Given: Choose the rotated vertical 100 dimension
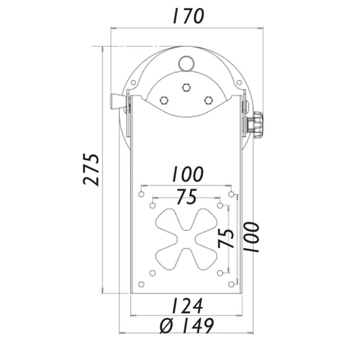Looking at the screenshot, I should point(251,237).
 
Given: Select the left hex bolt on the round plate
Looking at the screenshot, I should point(163,100).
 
